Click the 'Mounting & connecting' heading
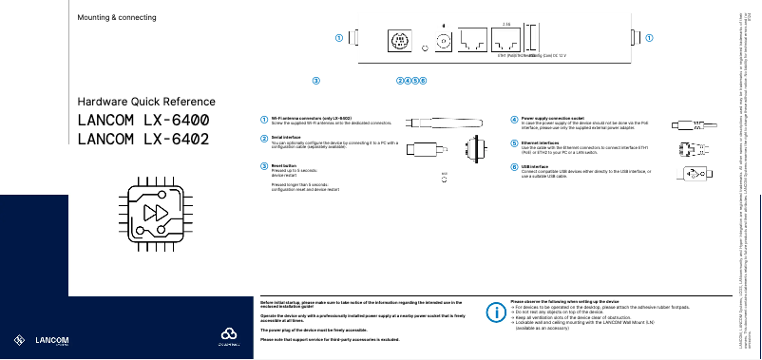click(x=117, y=18)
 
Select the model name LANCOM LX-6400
click(x=143, y=122)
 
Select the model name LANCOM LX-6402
click(x=143, y=141)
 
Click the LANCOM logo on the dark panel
click(x=44, y=339)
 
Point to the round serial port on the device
click(x=399, y=41)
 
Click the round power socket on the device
click(x=442, y=41)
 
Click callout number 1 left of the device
click(x=339, y=38)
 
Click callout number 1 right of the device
click(x=649, y=38)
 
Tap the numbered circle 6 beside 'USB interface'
click(x=514, y=167)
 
